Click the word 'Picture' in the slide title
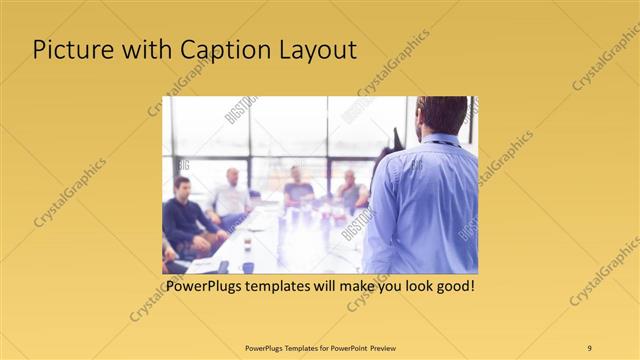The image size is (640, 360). pyautogui.click(x=69, y=50)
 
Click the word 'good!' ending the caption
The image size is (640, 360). pyautogui.click(x=453, y=287)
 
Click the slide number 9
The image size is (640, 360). pyautogui.click(x=589, y=347)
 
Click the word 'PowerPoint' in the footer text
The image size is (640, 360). pyautogui.click(x=343, y=347)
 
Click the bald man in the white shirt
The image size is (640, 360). pyautogui.click(x=231, y=194)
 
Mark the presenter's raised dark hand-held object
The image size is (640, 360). pyautogui.click(x=398, y=139)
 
